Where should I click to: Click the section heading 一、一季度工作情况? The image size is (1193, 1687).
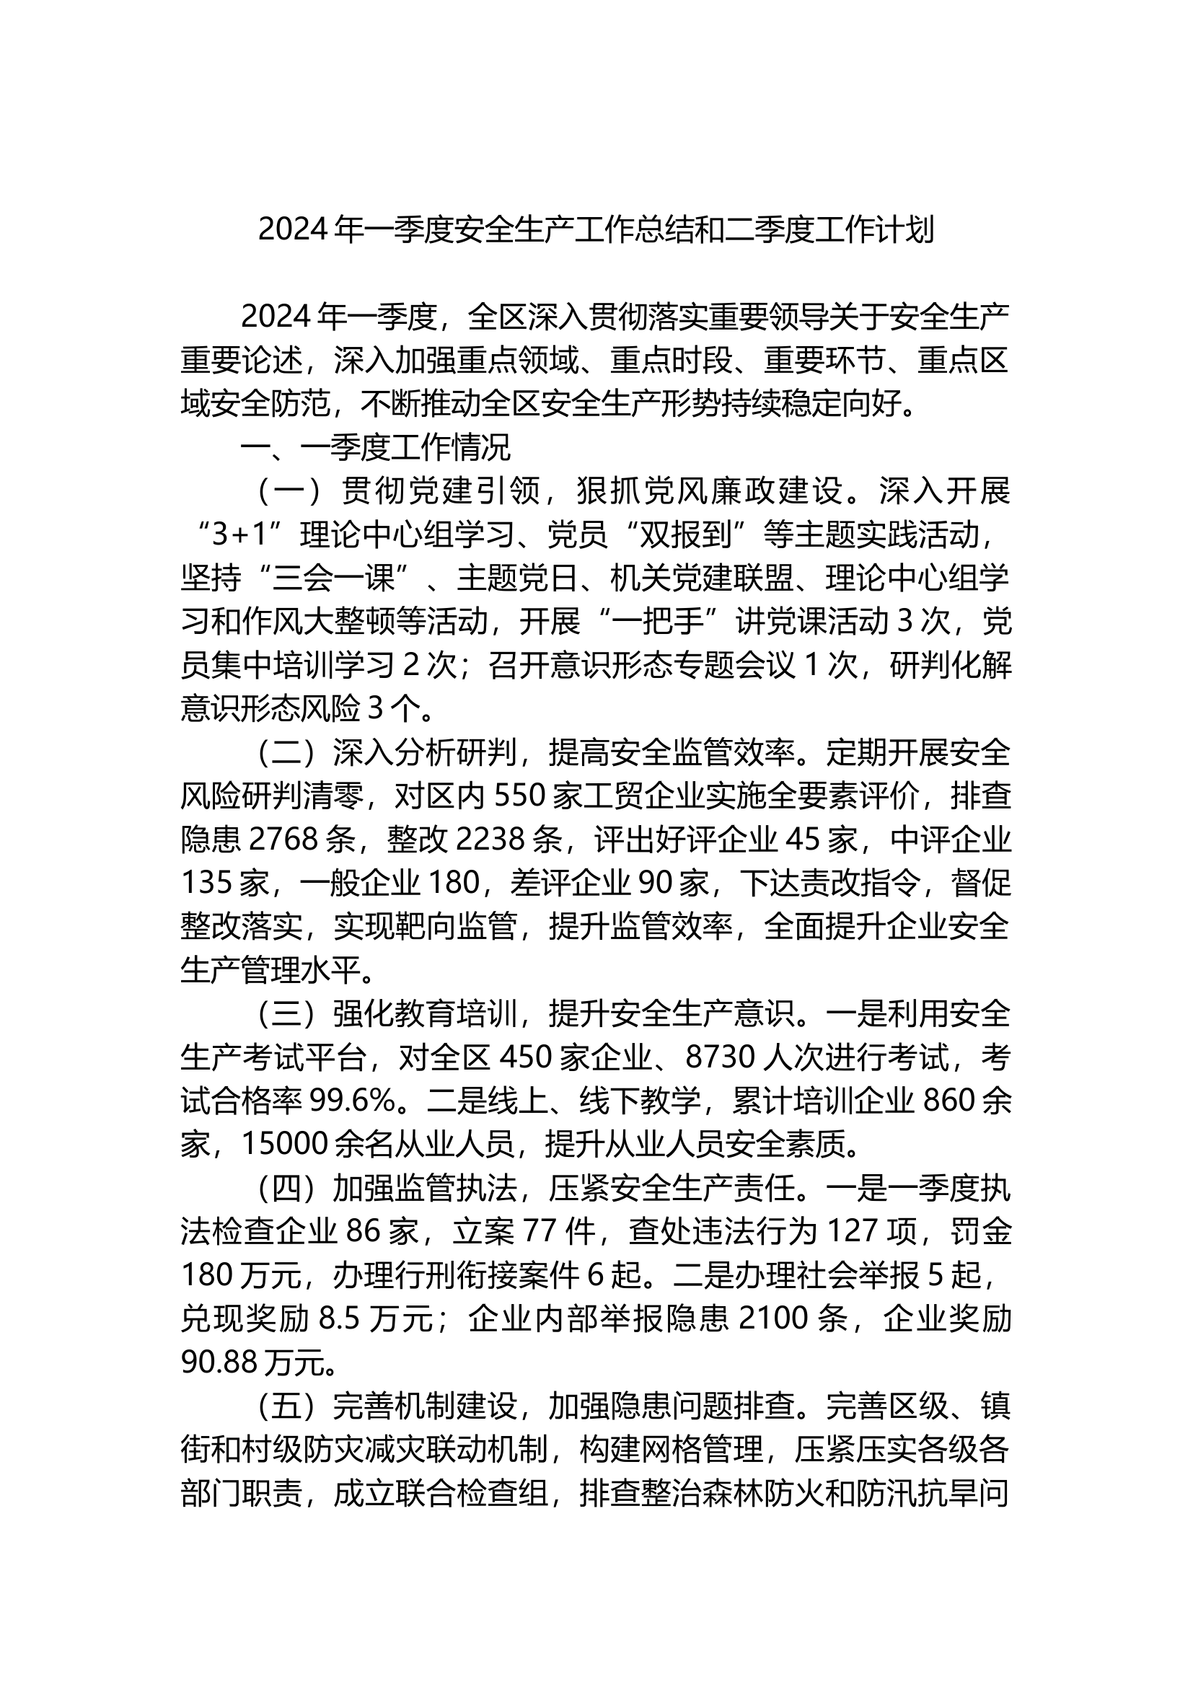point(375,448)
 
